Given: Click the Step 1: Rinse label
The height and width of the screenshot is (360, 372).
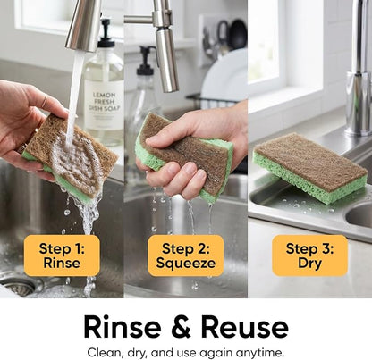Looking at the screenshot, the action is click(x=62, y=255).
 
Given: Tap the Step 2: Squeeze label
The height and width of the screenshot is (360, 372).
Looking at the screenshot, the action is click(x=186, y=255).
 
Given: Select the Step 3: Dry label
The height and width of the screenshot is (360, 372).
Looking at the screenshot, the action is click(x=309, y=255).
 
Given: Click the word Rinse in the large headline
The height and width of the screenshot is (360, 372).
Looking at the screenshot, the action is click(x=123, y=327).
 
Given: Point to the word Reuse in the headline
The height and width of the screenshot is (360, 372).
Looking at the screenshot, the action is click(x=245, y=327).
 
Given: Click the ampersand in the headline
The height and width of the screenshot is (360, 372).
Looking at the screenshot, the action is click(x=182, y=327).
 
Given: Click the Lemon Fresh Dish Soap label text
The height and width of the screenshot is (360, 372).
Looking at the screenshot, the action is click(x=104, y=102).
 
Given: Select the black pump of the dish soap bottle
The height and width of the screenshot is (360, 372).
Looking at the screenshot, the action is click(x=106, y=33).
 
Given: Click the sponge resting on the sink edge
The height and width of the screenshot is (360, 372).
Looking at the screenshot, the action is click(x=310, y=167).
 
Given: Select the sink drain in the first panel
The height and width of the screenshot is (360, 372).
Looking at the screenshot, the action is click(x=18, y=287).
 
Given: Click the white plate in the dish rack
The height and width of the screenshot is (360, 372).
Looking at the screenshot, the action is click(x=224, y=76).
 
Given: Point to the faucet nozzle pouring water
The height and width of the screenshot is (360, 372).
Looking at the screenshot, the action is click(x=83, y=25).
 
